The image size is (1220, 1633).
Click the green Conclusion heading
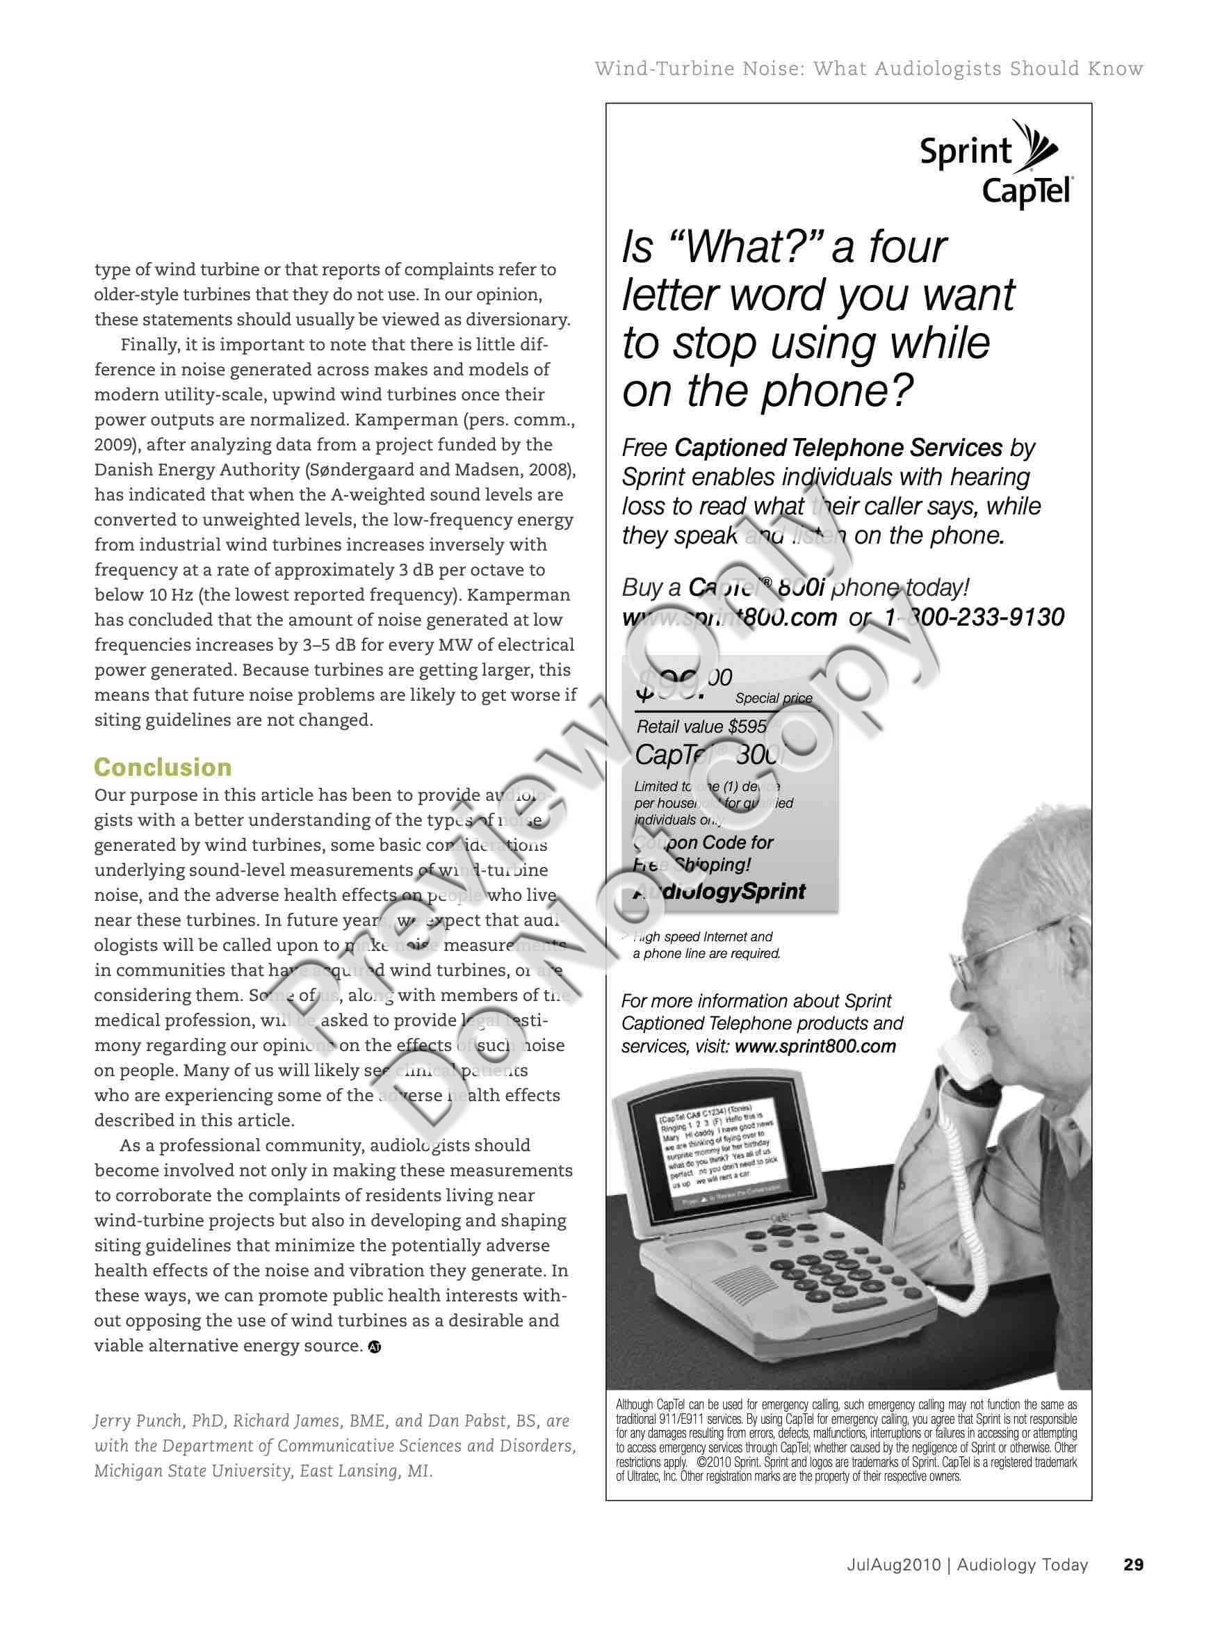[x=163, y=767]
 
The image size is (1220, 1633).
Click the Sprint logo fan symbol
[x=1038, y=147]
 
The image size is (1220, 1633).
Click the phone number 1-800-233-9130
[x=974, y=617]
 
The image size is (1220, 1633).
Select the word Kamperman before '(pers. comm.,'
[x=402, y=420]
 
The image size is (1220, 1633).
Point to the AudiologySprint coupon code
[x=719, y=891]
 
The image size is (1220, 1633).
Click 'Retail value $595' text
[x=701, y=726]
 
